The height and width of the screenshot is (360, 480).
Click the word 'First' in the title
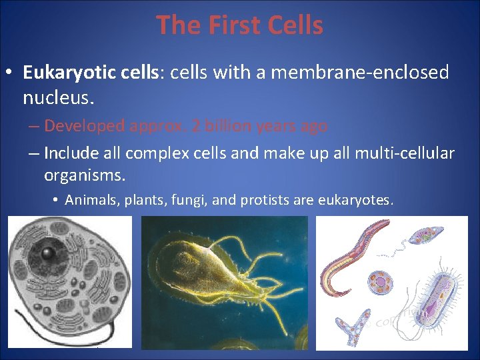click(x=230, y=25)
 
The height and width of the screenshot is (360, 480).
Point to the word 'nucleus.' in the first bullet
click(x=59, y=98)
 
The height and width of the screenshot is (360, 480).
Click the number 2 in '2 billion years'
click(x=195, y=126)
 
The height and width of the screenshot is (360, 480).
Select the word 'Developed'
click(x=85, y=126)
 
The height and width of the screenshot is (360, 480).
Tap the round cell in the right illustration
click(x=381, y=281)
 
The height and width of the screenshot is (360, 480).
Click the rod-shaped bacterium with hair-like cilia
click(x=437, y=300)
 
